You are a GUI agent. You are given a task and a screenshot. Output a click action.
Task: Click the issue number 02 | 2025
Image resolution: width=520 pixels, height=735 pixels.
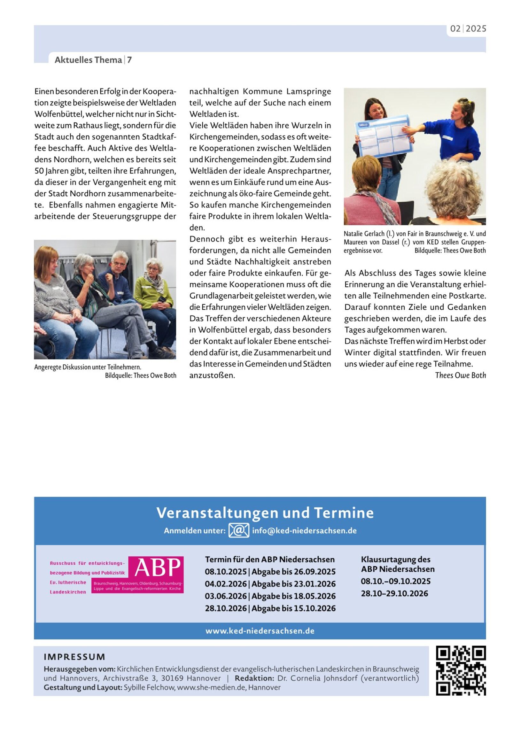click(468, 29)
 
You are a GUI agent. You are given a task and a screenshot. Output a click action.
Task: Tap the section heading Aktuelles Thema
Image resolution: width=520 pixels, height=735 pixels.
click(88, 60)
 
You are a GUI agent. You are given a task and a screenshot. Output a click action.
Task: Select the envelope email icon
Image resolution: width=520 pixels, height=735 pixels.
click(238, 530)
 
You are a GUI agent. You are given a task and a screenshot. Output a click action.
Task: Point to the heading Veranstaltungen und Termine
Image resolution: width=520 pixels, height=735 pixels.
click(265, 513)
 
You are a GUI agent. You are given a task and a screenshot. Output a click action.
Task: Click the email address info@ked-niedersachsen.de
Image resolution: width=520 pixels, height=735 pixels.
click(304, 530)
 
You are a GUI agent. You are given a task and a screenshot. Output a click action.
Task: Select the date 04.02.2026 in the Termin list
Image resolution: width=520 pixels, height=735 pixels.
click(226, 584)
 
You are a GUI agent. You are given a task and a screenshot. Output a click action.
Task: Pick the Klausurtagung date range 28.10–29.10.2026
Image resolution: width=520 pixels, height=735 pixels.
click(394, 593)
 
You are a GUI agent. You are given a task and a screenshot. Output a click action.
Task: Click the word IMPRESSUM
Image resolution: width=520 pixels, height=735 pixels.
click(74, 657)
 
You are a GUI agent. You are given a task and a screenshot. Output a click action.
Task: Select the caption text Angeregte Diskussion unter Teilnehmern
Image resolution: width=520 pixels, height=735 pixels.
click(88, 367)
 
